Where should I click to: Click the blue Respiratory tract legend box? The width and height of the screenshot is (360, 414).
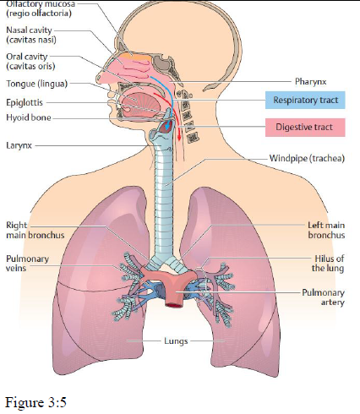[305, 100]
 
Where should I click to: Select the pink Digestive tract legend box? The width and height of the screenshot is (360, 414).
[305, 128]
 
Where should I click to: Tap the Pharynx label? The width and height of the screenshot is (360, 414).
[310, 82]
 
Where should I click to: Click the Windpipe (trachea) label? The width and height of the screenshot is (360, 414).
[307, 158]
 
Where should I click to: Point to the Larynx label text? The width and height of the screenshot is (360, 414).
[19, 145]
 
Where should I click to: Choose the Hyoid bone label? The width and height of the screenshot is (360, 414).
[29, 117]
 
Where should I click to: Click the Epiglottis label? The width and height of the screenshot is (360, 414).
[25, 102]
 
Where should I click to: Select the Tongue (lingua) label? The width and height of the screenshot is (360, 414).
[37, 84]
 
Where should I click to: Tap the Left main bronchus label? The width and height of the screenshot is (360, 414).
[326, 230]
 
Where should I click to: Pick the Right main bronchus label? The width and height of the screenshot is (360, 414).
[35, 230]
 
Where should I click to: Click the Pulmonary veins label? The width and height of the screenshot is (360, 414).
[27, 264]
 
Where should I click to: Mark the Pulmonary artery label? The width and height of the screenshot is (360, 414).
[324, 297]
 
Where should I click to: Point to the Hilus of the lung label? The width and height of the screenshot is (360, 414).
[328, 264]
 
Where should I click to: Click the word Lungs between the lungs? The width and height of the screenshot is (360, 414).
[176, 341]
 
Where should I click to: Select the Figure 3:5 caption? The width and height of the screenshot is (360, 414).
[35, 402]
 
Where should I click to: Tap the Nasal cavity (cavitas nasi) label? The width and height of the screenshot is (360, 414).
[31, 35]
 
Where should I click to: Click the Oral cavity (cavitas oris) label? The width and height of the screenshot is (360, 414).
[30, 62]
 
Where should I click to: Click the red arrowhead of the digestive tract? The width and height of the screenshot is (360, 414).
[179, 138]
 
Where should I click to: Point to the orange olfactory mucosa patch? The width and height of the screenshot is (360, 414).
[136, 57]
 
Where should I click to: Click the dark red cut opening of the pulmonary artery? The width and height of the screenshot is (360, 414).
[174, 305]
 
